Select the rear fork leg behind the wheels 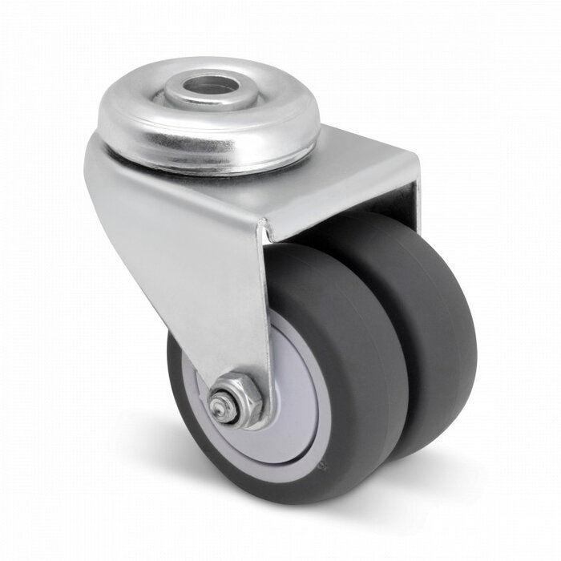tap(410, 200)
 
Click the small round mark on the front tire tap(322, 462)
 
